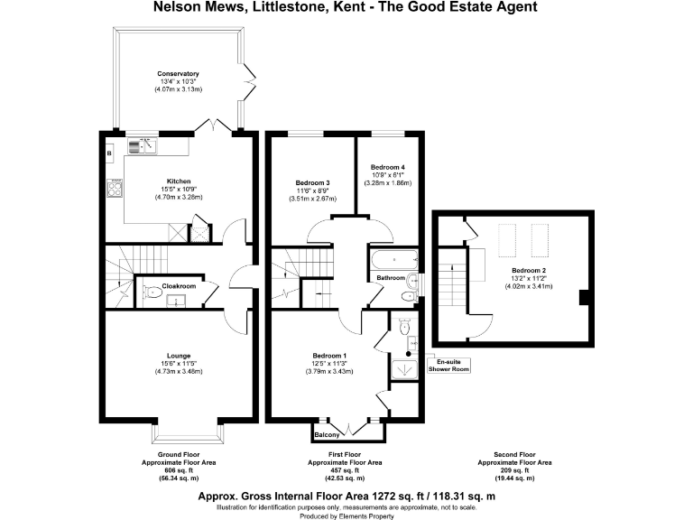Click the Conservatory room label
178,73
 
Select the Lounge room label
177,356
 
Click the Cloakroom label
180,286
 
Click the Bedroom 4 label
388,167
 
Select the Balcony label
326,435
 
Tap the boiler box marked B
109,154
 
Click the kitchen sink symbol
143,143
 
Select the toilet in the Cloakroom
152,292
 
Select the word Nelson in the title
168,8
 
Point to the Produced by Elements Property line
346,515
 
